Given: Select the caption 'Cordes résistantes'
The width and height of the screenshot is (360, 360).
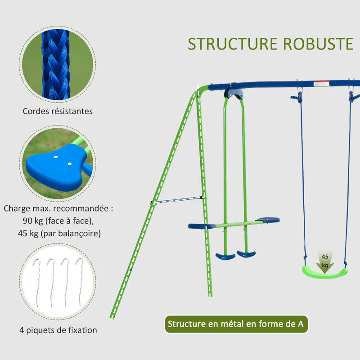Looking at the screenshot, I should click(58, 111).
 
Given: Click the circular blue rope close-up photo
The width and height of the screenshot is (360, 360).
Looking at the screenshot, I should click(58, 62).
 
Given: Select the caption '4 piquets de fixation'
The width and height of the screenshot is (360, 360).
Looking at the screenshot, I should click(58, 330).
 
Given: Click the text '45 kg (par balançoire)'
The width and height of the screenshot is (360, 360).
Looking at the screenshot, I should click(58, 234).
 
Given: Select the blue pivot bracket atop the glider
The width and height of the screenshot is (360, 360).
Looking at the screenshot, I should click(234, 92).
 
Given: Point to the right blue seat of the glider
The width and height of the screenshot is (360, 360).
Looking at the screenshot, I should click(268, 220).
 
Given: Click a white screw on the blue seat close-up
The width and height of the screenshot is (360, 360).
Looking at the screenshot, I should click(56, 157).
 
